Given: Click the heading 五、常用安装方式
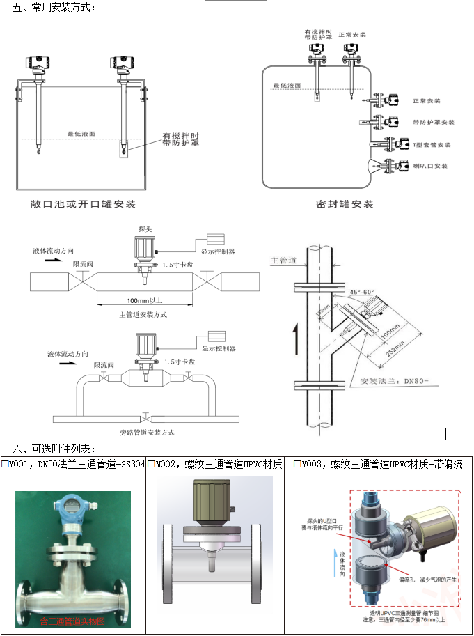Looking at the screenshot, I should pyautogui.click(x=53, y=8).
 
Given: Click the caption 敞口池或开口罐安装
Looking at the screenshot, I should pyautogui.click(x=83, y=204).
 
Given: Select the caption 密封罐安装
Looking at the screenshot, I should pyautogui.click(x=345, y=204).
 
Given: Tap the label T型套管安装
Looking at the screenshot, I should pyautogui.click(x=432, y=144).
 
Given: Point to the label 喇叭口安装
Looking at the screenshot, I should pyautogui.click(x=430, y=166).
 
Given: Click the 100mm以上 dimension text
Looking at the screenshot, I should pyautogui.click(x=144, y=300).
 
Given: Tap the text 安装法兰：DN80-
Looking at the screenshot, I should pyautogui.click(x=381, y=382).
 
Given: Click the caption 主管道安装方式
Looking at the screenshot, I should pyautogui.click(x=143, y=314).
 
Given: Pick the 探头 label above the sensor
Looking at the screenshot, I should pyautogui.click(x=145, y=228).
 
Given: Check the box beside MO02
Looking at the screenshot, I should pyautogui.click(x=152, y=464).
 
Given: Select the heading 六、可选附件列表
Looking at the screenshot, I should pyautogui.click(x=53, y=448).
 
